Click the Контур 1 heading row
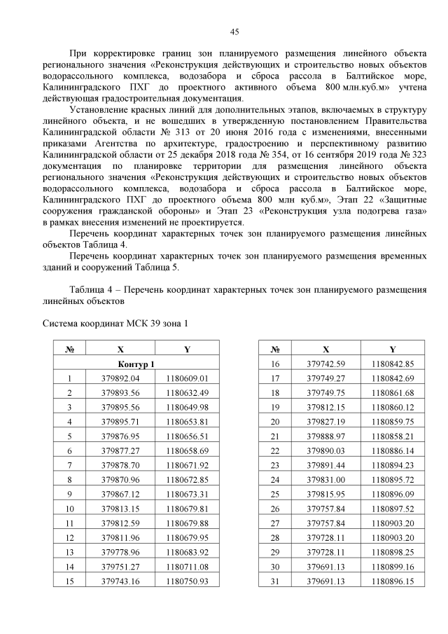point(136,364)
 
